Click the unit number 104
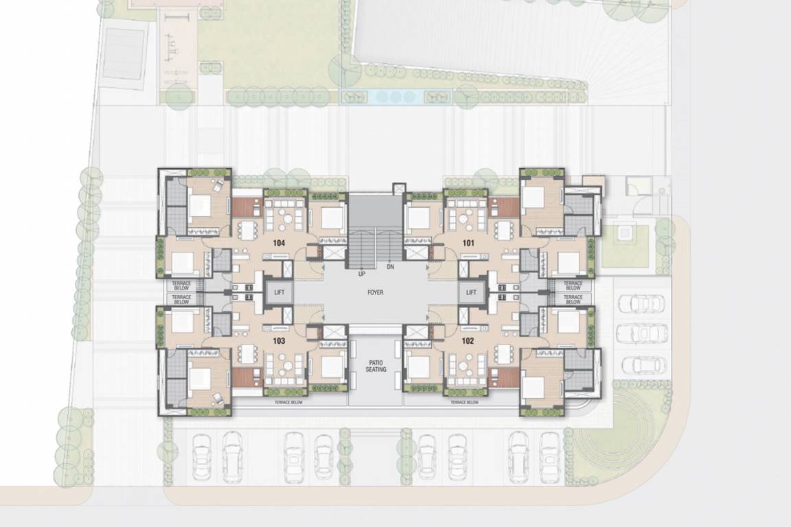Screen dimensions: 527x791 pos(278,243)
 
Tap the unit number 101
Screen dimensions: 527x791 pos(468,243)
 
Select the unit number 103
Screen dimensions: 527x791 pos(278,340)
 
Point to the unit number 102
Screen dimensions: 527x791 pos(468,340)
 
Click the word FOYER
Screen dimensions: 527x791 pos(375,292)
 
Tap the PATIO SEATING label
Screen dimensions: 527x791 pos(376,366)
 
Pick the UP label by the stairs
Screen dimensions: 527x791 pos(361,274)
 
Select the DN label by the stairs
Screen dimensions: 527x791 pos(391,266)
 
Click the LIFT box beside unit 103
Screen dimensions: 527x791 pos(279,293)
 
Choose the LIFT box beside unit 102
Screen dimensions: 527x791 pos(471,293)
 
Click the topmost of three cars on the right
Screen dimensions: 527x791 pos(641,303)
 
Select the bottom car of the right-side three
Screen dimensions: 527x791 pos(641,364)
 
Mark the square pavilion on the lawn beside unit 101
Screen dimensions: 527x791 pos(626,233)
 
